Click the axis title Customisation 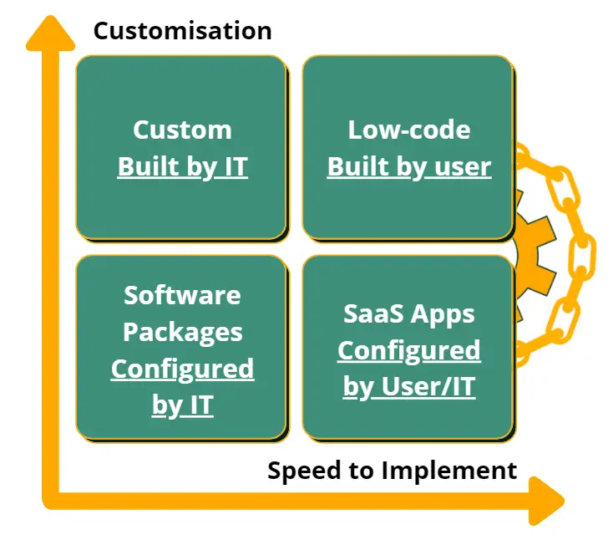coord(183,31)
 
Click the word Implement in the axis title coord(449,471)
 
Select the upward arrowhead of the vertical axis coord(50,33)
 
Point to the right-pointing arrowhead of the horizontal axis coord(546,501)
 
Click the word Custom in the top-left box coord(182,130)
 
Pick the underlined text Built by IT coord(183,167)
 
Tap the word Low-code coord(409,130)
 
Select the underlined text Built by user coord(409,167)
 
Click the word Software coord(182,295)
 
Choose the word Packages coord(183,333)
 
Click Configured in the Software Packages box coord(183,369)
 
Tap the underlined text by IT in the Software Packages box coord(183,405)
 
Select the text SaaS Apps coord(409,314)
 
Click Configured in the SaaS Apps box coord(409,350)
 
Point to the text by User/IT coord(409,387)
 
